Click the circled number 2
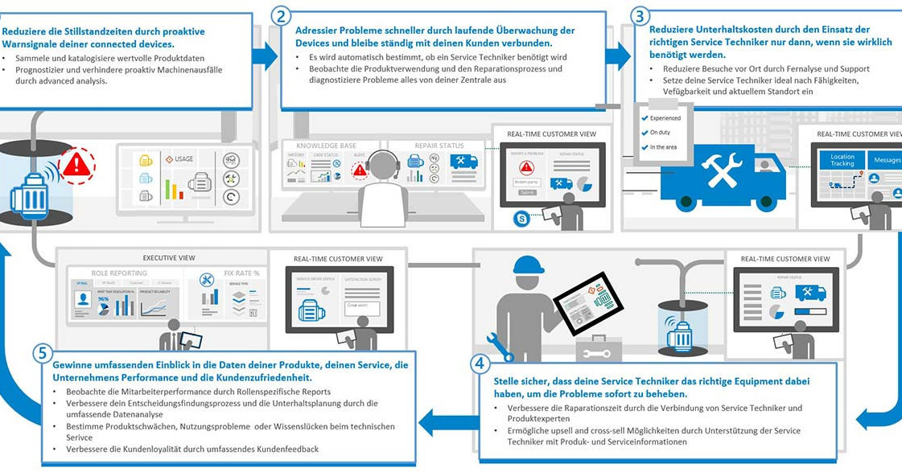(x=282, y=15)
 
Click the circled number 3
(x=640, y=16)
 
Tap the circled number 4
(x=480, y=363)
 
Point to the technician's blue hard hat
(x=529, y=265)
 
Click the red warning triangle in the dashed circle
(x=77, y=165)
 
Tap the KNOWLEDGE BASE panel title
(x=325, y=146)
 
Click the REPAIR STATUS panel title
(x=439, y=146)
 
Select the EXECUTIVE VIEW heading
(x=169, y=258)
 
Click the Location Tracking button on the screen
(x=842, y=161)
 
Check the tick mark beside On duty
(x=644, y=133)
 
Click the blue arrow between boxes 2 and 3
(x=618, y=55)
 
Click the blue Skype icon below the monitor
(x=522, y=217)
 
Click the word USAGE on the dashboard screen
(x=183, y=159)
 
